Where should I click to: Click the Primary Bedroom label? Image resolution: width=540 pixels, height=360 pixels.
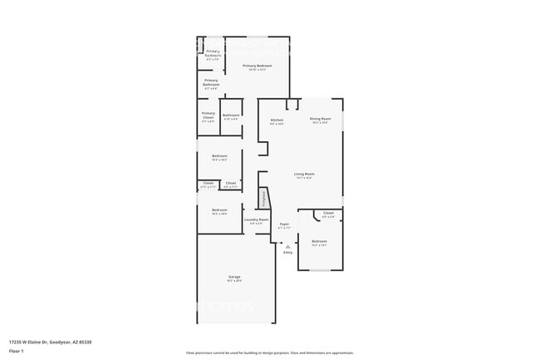258,65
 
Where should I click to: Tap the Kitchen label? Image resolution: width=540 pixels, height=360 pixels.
277,120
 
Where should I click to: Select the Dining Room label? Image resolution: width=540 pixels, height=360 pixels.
320,120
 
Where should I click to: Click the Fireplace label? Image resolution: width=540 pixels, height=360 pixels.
264,199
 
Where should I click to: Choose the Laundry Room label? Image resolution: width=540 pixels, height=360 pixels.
256,219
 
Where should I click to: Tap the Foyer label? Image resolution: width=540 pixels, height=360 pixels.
284,224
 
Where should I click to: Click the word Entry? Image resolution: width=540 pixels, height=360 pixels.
287,252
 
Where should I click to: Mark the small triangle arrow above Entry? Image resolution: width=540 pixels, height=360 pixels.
287,246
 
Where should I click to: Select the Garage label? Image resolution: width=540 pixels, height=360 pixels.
234,276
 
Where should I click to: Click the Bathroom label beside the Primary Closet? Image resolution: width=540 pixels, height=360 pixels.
231,116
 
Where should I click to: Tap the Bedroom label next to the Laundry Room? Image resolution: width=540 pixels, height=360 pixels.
219,210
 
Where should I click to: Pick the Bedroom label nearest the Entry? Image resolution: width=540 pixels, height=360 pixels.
319,241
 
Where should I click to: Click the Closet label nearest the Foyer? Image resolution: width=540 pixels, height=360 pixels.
328,214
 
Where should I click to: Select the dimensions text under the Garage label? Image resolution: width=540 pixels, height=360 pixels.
234,280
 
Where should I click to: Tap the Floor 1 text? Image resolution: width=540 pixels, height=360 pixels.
17,351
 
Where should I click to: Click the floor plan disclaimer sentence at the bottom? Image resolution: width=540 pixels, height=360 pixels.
269,353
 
